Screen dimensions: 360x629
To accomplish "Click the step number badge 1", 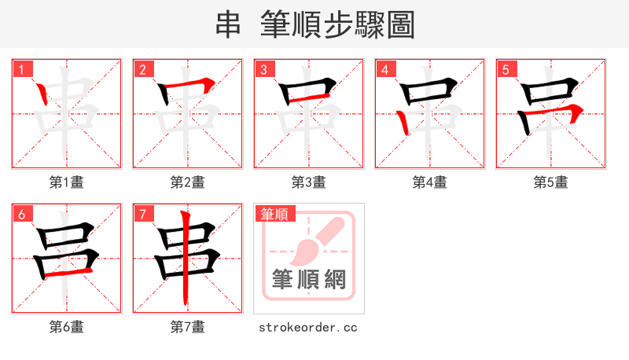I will click(21, 69).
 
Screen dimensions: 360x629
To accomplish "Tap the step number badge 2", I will click(142, 69).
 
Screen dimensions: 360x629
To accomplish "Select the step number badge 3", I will click(263, 69).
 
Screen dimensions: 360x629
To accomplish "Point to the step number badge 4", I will click(384, 69).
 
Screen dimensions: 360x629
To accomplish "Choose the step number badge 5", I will click(506, 69).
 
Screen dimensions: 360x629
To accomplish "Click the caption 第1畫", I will click(67, 182).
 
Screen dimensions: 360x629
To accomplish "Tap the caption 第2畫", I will click(188, 182).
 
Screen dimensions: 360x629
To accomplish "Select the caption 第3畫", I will click(309, 182).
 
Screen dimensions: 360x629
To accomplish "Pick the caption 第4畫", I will click(430, 182).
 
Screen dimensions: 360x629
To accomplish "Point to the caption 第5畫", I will click(551, 182).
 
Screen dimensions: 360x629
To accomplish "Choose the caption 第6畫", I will click(67, 327).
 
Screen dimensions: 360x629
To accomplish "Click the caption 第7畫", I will click(188, 327).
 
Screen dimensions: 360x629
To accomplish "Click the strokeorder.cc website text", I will click(308, 327).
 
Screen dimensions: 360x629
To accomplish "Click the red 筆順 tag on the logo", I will click(274, 214).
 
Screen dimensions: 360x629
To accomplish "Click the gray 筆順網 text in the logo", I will click(309, 279).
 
